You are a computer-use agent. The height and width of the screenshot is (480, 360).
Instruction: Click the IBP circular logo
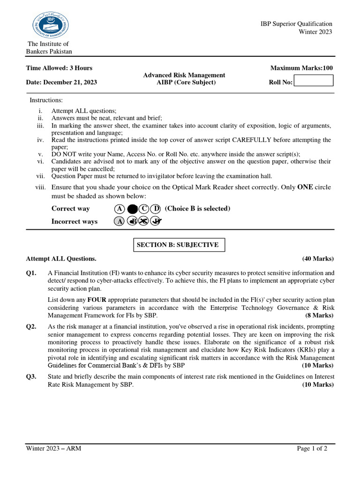click(x=50, y=25)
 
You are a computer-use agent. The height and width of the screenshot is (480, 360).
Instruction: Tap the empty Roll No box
click(x=313, y=81)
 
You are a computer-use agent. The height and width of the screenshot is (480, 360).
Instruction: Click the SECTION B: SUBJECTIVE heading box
click(x=178, y=245)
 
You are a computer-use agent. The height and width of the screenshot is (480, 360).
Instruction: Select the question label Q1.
click(x=31, y=273)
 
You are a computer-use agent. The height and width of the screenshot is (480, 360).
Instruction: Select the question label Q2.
click(x=31, y=327)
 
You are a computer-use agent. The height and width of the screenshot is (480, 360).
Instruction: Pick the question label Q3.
click(x=31, y=376)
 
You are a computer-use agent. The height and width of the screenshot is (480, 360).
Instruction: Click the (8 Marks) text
click(x=319, y=315)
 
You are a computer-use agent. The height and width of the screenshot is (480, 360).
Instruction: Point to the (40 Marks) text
click(x=318, y=258)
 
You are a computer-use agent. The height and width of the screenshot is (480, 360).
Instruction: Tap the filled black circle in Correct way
click(x=132, y=209)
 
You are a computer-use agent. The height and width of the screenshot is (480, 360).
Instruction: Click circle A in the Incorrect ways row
click(x=120, y=222)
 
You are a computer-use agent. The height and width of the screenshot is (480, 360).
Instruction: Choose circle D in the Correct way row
click(x=156, y=209)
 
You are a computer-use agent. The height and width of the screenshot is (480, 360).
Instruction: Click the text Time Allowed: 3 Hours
click(x=59, y=68)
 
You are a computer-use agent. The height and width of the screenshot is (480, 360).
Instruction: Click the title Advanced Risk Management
click(x=184, y=75)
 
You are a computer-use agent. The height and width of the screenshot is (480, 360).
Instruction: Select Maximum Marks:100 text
click(x=302, y=68)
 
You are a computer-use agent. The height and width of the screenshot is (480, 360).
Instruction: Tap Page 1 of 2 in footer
click(x=312, y=449)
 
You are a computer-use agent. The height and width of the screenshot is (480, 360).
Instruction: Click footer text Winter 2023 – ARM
click(x=53, y=449)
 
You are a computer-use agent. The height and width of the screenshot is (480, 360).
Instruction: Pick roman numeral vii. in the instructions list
click(x=40, y=176)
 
